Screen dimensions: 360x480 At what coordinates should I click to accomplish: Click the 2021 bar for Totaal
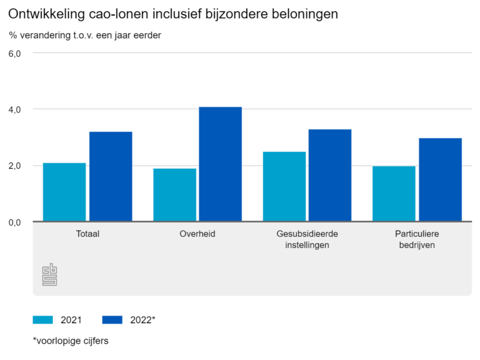click(x=64, y=192)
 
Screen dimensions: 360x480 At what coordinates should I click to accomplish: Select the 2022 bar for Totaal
click(x=111, y=176)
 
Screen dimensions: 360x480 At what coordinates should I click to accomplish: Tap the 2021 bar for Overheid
click(x=174, y=194)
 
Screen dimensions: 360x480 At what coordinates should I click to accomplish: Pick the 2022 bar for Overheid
click(x=221, y=164)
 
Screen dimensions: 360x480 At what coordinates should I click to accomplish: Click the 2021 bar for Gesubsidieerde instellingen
click(x=284, y=186)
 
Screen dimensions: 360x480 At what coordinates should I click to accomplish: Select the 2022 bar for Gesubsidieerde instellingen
click(x=330, y=175)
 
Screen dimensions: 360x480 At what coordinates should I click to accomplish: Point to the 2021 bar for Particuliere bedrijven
click(x=394, y=193)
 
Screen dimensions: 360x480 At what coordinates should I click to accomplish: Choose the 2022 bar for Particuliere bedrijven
click(x=440, y=179)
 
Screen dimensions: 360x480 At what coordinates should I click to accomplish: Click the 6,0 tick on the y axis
click(x=15, y=53)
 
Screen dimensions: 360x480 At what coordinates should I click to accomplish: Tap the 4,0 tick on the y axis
click(x=15, y=109)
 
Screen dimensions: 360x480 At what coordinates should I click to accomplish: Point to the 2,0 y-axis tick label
click(x=15, y=166)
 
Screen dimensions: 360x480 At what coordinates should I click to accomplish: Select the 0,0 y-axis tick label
click(x=15, y=222)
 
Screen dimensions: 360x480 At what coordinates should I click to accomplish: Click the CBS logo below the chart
click(x=49, y=274)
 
